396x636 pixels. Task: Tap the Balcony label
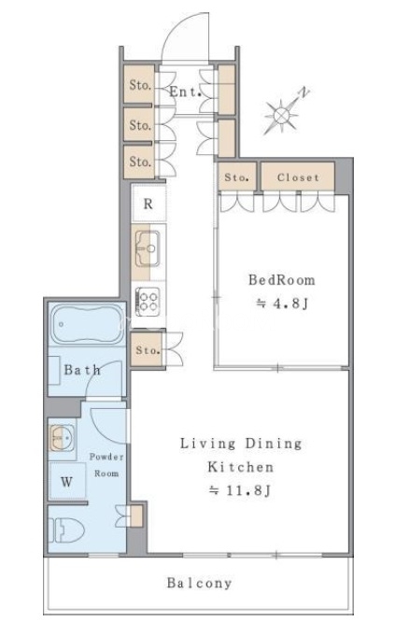pyautogui.click(x=200, y=583)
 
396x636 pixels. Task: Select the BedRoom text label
pyautogui.click(x=281, y=280)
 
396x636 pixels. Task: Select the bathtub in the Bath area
pyautogui.click(x=87, y=323)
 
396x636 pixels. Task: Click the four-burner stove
pyautogui.click(x=148, y=302)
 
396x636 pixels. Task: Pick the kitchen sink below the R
pyautogui.click(x=148, y=247)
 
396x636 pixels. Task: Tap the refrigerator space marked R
pyautogui.click(x=148, y=204)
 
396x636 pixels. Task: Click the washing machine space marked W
pyautogui.click(x=67, y=482)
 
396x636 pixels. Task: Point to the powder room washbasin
pyautogui.click(x=62, y=437)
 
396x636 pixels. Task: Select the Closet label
pyautogui.click(x=298, y=177)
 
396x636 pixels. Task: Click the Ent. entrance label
pyautogui.click(x=185, y=92)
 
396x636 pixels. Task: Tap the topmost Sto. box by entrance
pyautogui.click(x=139, y=84)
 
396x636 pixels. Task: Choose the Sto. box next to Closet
pyautogui.click(x=237, y=177)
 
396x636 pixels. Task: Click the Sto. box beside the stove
pyautogui.click(x=147, y=350)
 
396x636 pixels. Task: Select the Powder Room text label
pyautogui.click(x=106, y=465)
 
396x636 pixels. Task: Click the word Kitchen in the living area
pyautogui.click(x=240, y=467)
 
